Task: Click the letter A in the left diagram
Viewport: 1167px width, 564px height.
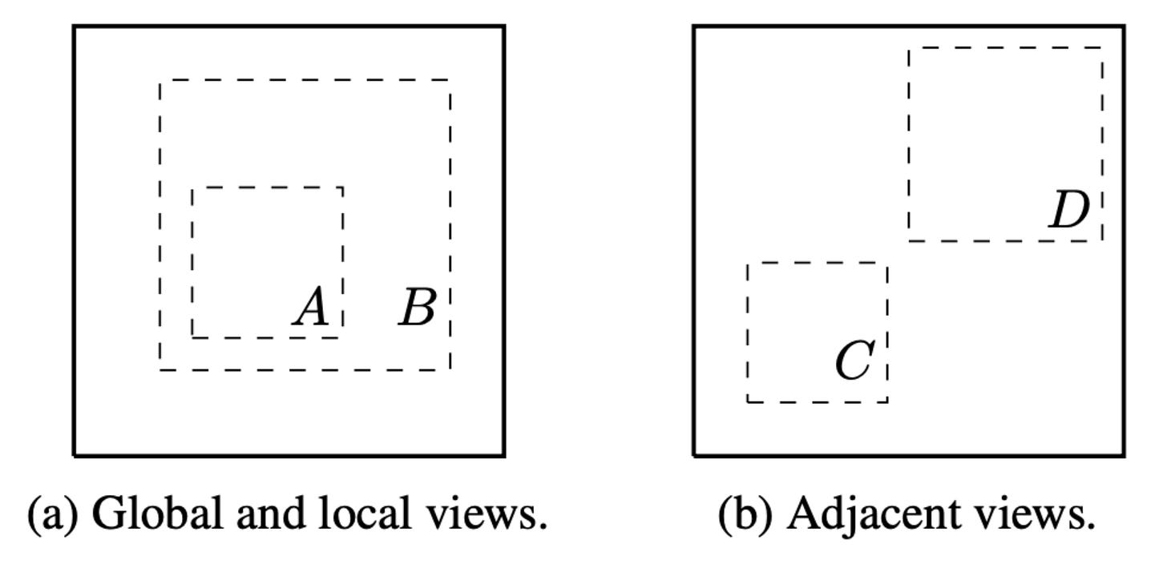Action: click(x=312, y=308)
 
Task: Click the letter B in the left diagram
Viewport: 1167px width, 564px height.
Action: click(x=418, y=308)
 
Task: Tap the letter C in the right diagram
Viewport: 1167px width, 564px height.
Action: click(x=854, y=361)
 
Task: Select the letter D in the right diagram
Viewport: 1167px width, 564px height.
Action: click(x=1069, y=211)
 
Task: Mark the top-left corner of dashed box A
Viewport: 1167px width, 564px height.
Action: click(x=192, y=187)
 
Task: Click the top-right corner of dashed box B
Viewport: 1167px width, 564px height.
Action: click(x=450, y=80)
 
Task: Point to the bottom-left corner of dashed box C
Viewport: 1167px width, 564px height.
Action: click(x=748, y=401)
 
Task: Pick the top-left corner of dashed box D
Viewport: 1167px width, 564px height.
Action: click(x=909, y=48)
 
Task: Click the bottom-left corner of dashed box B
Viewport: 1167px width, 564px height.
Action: click(x=160, y=369)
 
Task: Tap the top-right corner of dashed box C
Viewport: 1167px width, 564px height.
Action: click(x=887, y=263)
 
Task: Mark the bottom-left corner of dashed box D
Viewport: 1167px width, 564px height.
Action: click(x=909, y=240)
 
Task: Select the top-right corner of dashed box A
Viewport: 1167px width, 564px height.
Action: click(x=343, y=187)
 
